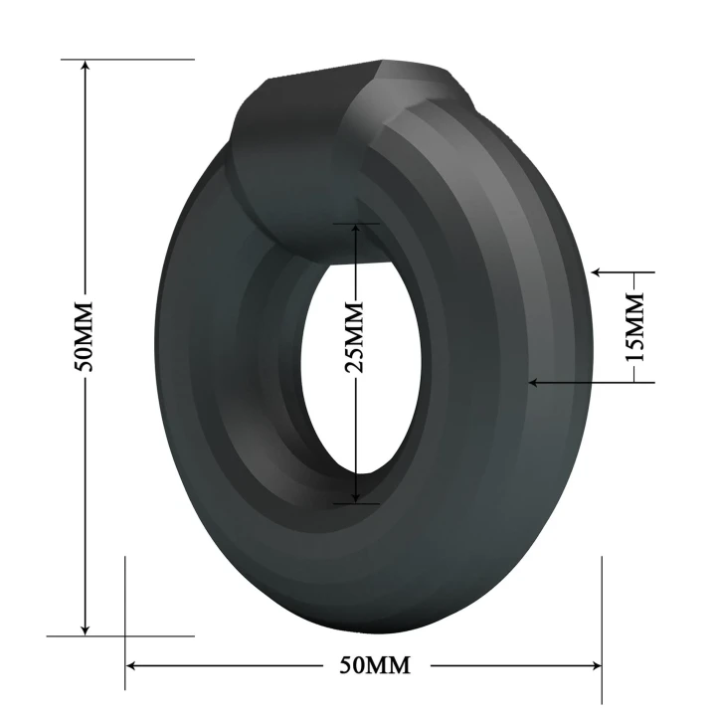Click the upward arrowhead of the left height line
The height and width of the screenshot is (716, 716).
click(86, 67)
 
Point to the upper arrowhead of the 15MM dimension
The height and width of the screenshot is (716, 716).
click(598, 270)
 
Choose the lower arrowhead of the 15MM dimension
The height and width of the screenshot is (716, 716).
click(536, 381)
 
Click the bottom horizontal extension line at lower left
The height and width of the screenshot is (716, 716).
click(99, 635)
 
